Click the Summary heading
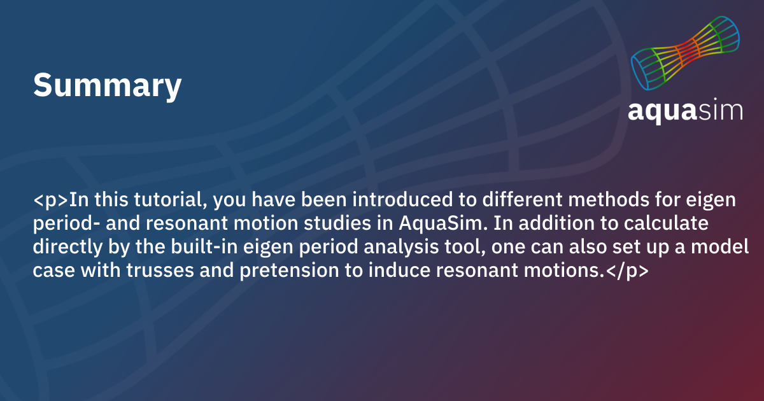click(107, 85)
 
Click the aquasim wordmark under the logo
click(685, 111)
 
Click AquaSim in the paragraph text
click(443, 223)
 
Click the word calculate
click(666, 223)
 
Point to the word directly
click(67, 247)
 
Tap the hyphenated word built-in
click(204, 246)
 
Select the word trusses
click(160, 270)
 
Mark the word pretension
click(289, 271)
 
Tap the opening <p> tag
click(51, 200)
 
